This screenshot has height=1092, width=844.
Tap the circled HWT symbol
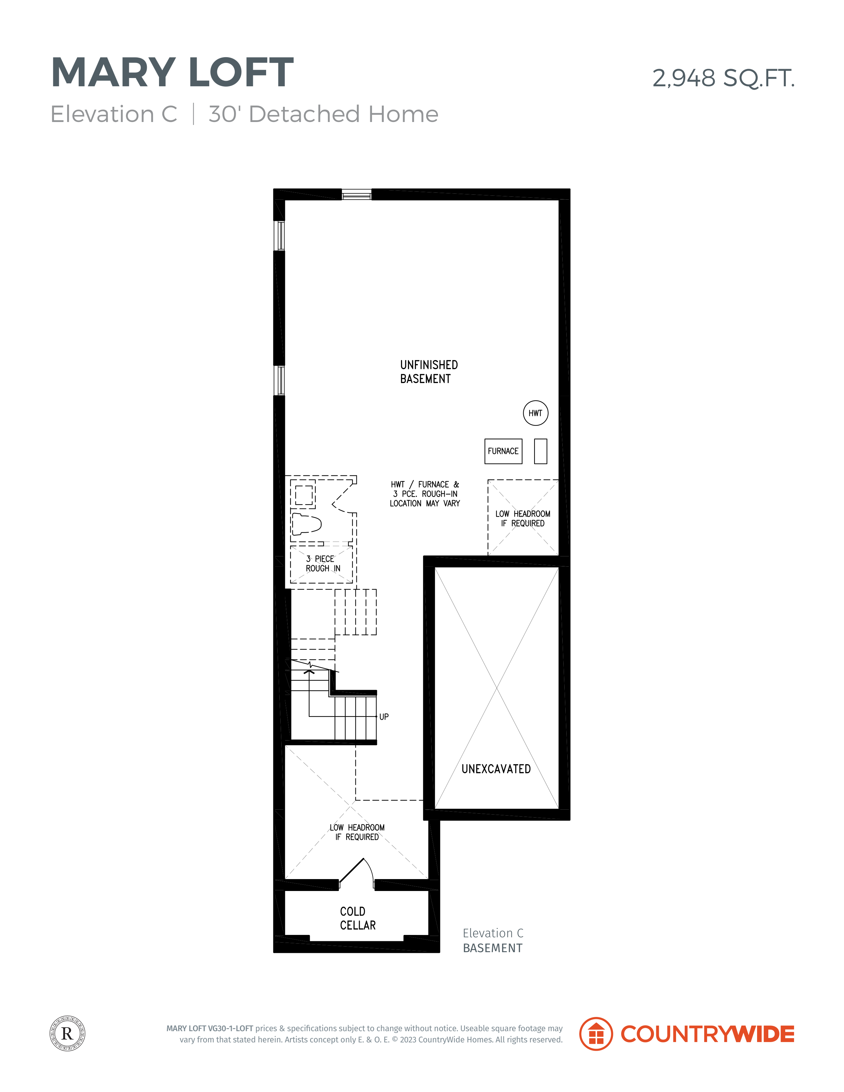536,413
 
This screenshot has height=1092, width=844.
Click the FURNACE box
503,451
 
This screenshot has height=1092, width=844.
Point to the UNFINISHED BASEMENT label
428,372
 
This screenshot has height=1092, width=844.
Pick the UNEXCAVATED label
496,769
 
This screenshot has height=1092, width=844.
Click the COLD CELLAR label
357,918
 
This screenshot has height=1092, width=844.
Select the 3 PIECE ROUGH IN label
323,563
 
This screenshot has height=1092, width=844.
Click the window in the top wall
356,194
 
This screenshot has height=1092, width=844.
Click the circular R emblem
67,1033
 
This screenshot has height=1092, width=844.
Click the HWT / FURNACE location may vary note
425,494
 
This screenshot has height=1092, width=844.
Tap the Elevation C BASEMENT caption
493,941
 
